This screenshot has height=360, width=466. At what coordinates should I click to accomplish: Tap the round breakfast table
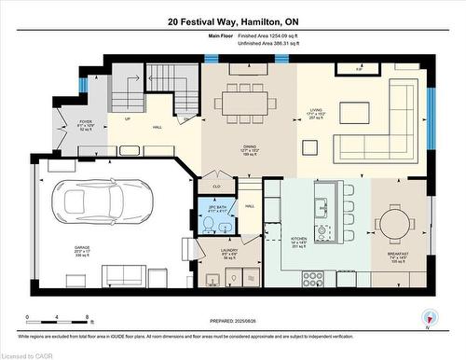pyautogui.click(x=398, y=224)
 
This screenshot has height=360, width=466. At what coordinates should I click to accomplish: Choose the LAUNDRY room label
pyautogui.click(x=228, y=254)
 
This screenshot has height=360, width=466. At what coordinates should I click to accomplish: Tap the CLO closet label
pyautogui.click(x=216, y=187)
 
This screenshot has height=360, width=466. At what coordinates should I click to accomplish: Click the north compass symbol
pyautogui.click(x=428, y=318)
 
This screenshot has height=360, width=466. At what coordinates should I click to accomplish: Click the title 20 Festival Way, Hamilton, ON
pyautogui.click(x=233, y=21)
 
